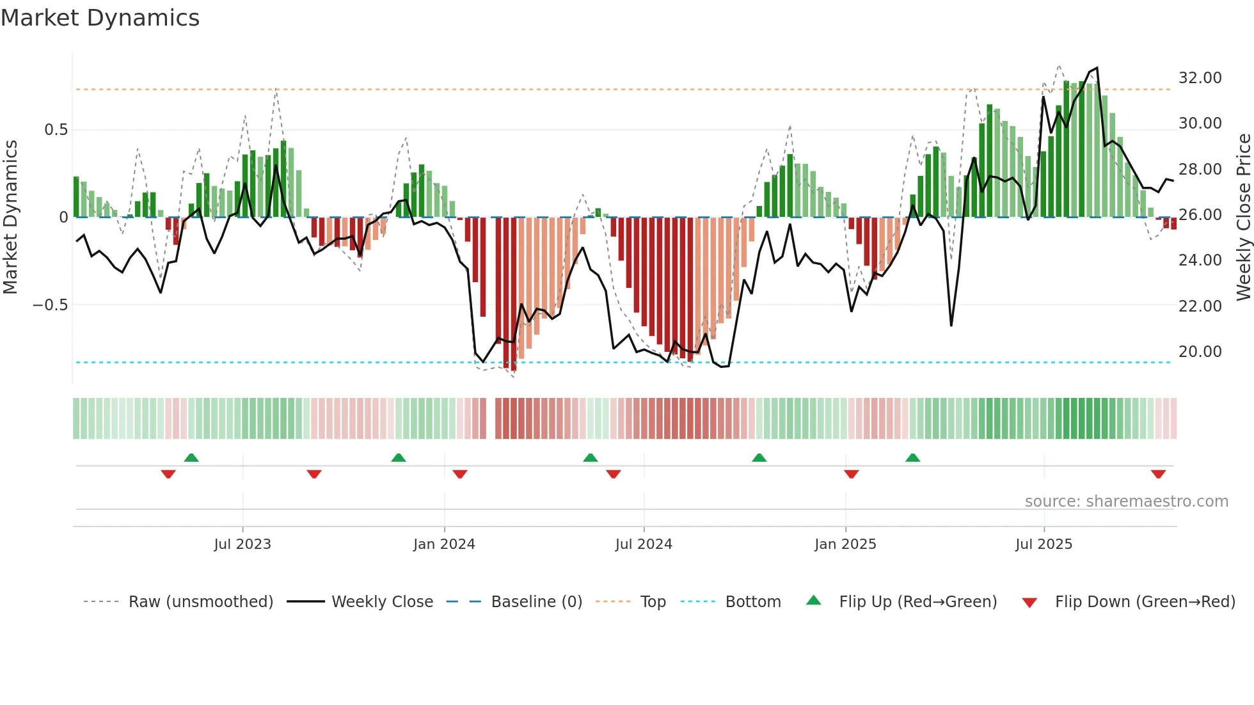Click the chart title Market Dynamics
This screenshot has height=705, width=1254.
[x=100, y=18]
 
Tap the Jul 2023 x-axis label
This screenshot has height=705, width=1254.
[x=242, y=544]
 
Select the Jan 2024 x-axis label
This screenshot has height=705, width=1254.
[x=444, y=544]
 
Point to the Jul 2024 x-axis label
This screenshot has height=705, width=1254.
[x=644, y=544]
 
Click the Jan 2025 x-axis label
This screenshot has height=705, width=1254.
[x=845, y=544]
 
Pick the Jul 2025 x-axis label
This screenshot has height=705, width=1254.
[x=1044, y=544]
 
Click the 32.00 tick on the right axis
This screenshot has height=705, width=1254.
[x=1200, y=78]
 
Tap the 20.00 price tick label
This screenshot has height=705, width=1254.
[x=1200, y=352]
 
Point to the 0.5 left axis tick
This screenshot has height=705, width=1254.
[x=56, y=130]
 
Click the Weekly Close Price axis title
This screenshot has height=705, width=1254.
[x=1243, y=217]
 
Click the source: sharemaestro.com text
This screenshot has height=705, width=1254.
[x=1126, y=502]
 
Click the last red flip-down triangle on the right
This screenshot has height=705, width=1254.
[x=1158, y=474]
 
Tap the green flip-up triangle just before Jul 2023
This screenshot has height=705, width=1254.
[x=191, y=457]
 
